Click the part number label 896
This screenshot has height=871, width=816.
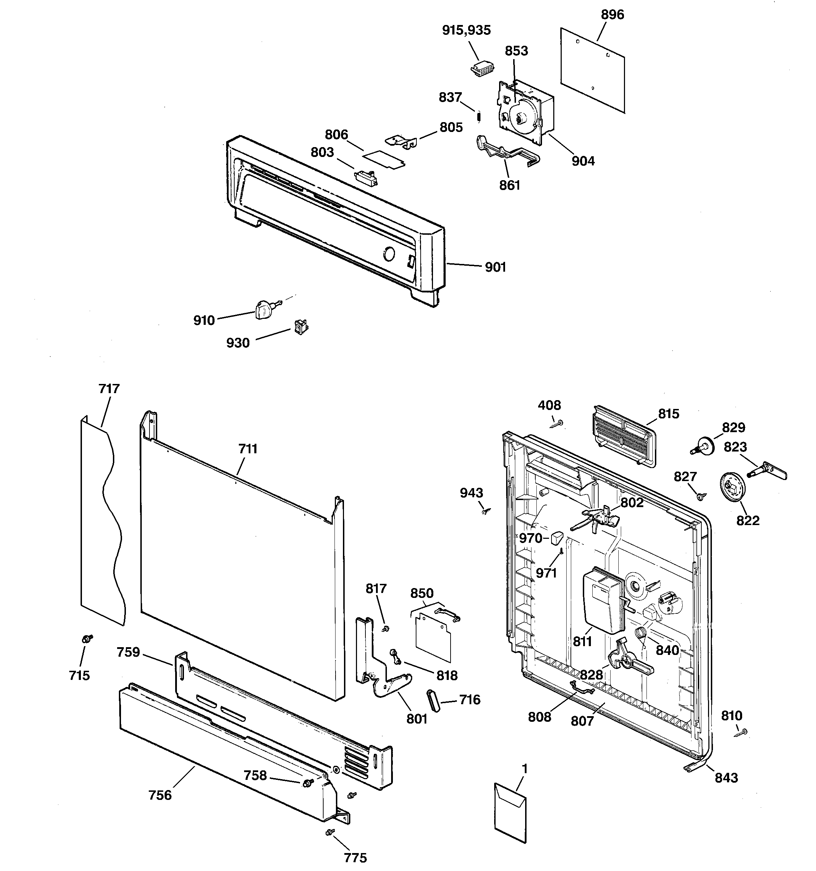612,15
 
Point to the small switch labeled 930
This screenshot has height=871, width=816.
300,327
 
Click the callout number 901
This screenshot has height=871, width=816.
495,267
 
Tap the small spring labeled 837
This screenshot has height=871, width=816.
479,116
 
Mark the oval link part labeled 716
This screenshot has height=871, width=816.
432,701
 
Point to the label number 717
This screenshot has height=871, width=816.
109,389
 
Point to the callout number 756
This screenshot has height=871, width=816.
160,795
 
